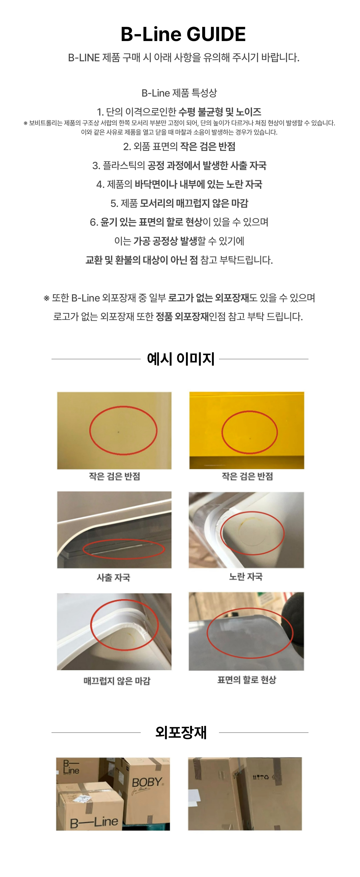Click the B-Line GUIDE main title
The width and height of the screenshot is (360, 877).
pos(183,34)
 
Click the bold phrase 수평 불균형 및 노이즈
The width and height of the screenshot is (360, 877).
pos(219,112)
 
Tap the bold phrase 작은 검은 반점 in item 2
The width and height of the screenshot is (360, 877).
pos(207,147)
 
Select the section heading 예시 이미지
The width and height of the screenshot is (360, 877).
pos(180,359)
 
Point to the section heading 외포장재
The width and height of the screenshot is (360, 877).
pos(180,732)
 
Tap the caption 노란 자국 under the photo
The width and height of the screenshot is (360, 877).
pos(246,577)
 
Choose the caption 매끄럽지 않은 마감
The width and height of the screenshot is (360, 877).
pos(117,681)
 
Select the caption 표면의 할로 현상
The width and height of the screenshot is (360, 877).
pos(247,680)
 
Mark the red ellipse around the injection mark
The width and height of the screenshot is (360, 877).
pos(123,549)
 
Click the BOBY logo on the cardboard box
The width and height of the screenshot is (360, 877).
pos(147,782)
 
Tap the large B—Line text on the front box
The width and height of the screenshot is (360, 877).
pos(94,822)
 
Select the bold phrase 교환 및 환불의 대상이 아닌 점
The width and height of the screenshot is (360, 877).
pos(141,260)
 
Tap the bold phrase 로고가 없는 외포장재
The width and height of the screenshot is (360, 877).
pos(208,298)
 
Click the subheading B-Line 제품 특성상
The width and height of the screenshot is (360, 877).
pos(179,93)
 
